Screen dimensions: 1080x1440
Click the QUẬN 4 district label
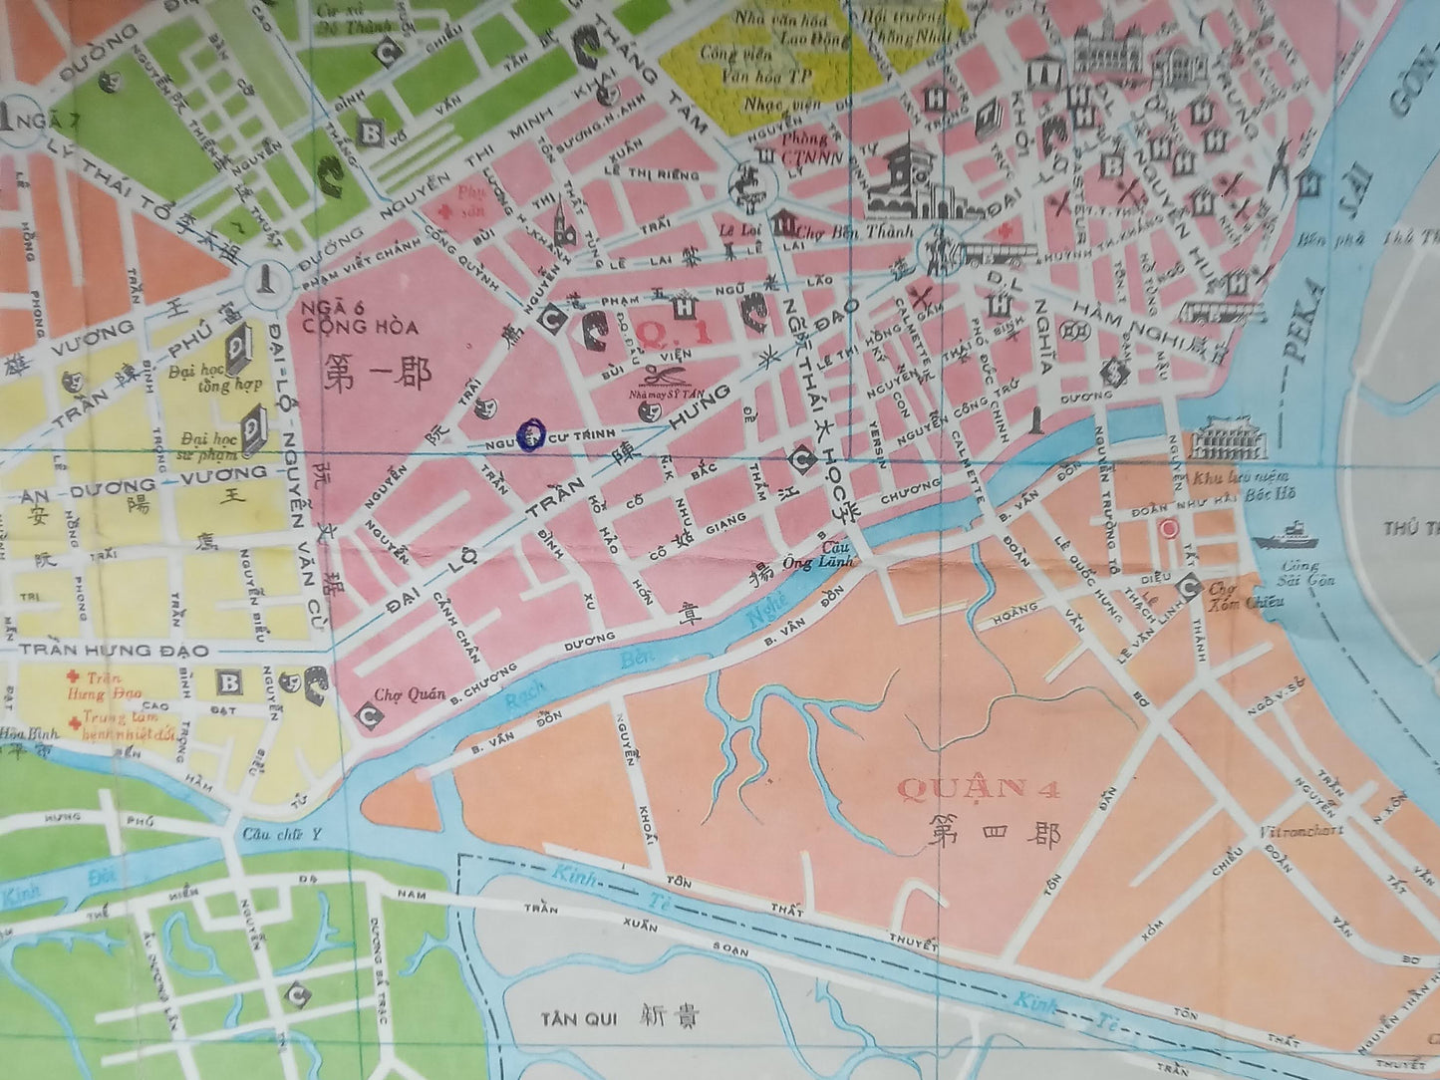(980, 790)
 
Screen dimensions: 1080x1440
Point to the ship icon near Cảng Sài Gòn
(1286, 536)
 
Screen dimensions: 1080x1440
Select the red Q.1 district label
(675, 333)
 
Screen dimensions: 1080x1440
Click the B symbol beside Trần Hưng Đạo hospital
(230, 682)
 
